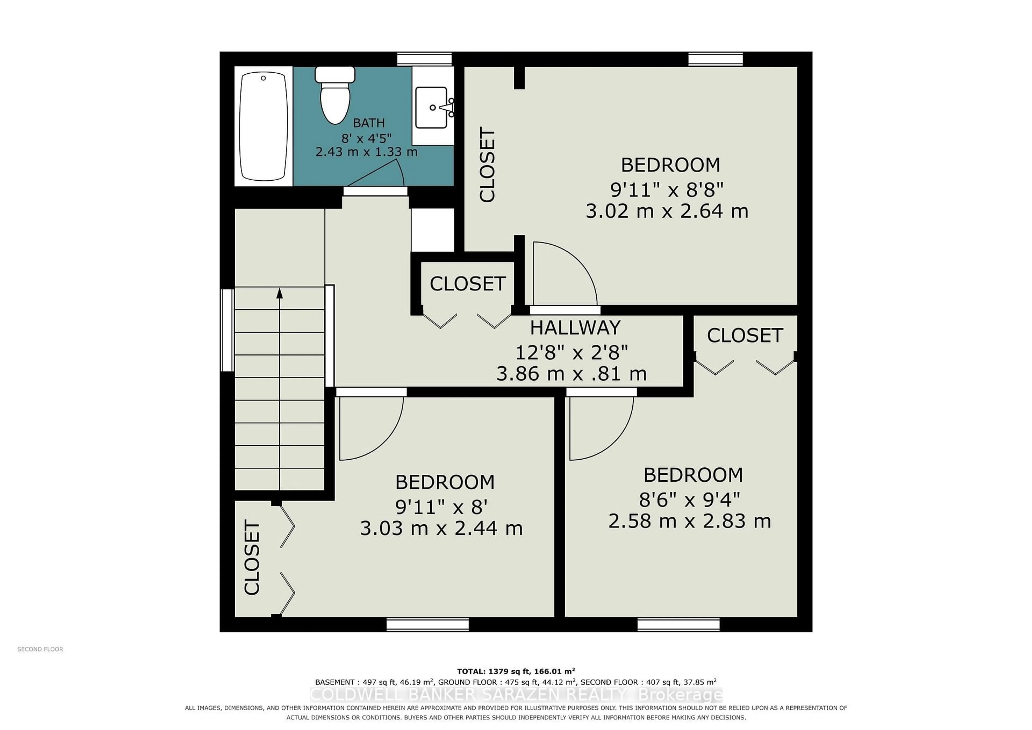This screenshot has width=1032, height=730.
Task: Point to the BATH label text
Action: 368,123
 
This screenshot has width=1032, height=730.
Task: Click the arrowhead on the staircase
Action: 279,293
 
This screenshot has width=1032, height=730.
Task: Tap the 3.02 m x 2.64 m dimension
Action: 667,211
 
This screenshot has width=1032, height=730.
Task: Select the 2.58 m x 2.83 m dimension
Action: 690,521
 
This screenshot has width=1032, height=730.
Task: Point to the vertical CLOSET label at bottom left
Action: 252,557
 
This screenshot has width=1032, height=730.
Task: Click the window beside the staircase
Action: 227,330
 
